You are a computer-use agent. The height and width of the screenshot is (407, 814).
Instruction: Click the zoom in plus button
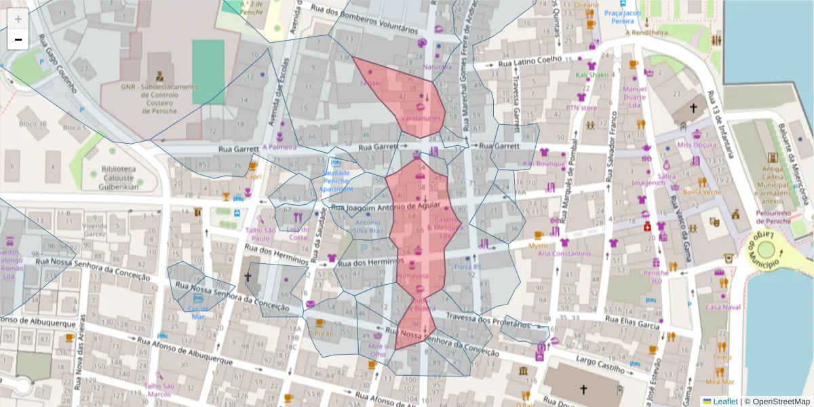pos(18,19)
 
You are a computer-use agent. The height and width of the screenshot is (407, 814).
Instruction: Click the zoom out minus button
pos(18,39)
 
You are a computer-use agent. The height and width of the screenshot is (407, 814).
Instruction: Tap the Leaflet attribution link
pos(724,402)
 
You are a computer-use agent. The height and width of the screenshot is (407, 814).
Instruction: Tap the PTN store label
pos(581,107)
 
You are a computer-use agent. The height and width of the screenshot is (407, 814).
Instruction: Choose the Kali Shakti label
pos(592,75)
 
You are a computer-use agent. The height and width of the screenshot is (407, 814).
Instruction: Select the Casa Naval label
pos(722,307)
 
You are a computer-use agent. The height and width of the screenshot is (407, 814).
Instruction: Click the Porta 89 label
pos(467,267)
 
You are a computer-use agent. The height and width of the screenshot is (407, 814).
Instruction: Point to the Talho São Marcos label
pos(158,390)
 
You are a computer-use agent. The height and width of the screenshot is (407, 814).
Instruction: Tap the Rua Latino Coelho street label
pos(530,59)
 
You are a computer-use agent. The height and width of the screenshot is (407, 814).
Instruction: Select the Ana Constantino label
pos(561,254)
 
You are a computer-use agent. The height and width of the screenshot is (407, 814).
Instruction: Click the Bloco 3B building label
pos(33,124)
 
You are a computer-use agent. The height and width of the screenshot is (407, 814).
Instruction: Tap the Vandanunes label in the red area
pos(421,118)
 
